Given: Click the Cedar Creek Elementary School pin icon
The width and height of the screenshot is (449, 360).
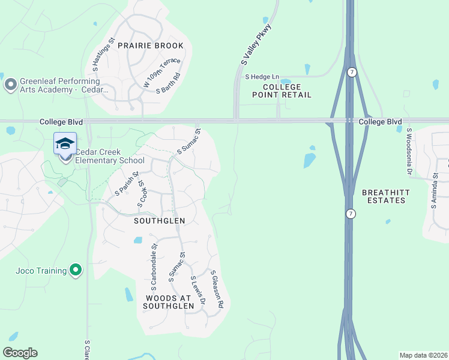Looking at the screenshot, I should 65,145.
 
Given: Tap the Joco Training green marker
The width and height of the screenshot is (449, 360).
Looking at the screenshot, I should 75,271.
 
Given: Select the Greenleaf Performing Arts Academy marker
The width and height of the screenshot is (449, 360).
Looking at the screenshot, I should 10,85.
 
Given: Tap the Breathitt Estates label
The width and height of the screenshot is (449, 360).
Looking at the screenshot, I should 384,196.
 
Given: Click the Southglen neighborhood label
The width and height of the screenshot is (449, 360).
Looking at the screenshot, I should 159,221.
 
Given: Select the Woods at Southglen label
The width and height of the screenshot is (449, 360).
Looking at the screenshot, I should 169,302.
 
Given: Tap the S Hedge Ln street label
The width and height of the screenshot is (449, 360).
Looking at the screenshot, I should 262,77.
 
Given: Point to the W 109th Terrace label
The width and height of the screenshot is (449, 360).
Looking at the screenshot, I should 154,74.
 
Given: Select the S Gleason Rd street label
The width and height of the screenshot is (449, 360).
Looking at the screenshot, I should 217,289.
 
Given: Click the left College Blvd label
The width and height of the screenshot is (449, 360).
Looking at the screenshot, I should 61,122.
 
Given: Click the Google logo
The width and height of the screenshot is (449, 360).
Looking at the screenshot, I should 20,353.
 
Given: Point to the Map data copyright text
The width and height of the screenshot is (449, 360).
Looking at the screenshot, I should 423,355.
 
